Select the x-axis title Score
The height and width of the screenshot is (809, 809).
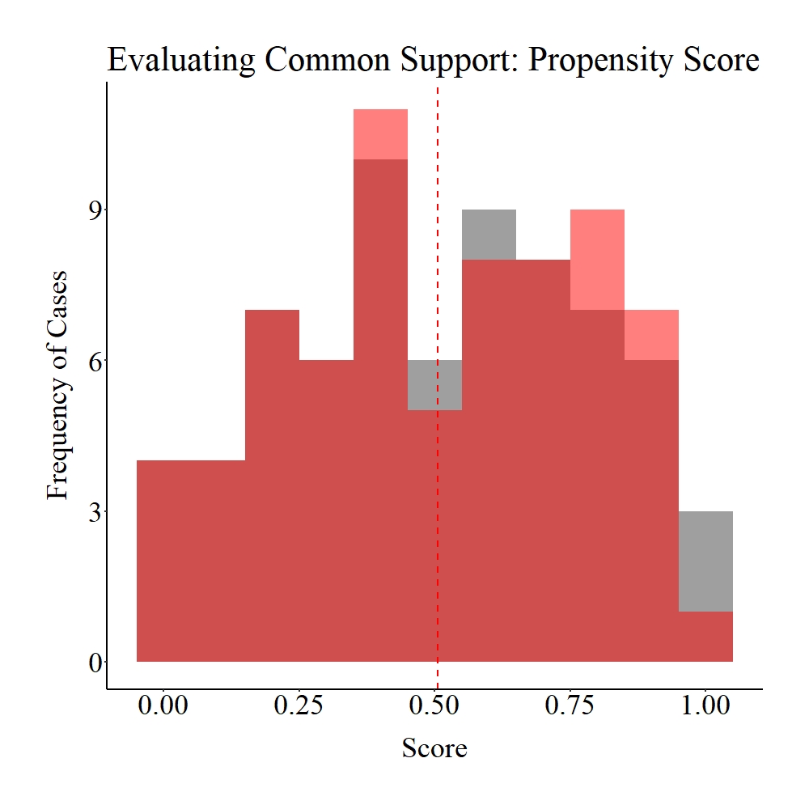(434, 748)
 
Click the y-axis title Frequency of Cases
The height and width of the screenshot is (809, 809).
(57, 383)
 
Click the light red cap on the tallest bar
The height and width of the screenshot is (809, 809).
(380, 134)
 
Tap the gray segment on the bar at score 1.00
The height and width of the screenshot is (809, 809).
(705, 561)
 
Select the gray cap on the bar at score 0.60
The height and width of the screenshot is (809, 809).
(489, 235)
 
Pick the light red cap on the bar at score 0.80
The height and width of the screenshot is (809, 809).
(597, 260)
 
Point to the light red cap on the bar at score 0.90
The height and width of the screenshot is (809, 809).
(651, 335)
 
